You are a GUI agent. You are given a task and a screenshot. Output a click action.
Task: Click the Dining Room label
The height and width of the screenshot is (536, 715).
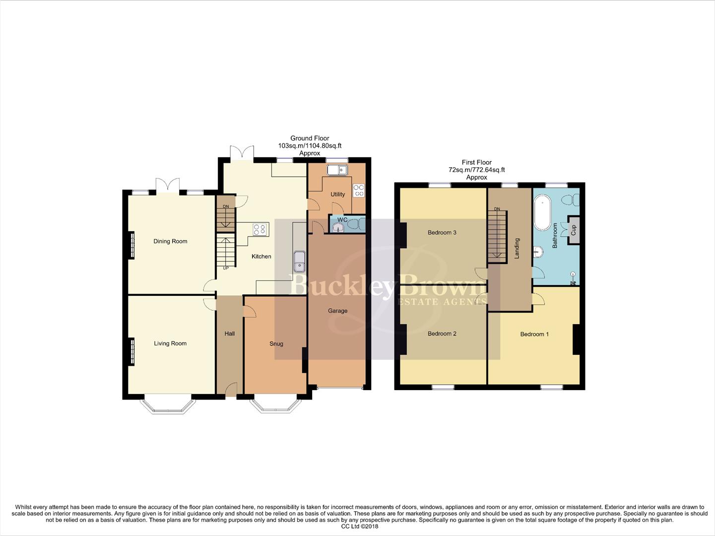[170, 241]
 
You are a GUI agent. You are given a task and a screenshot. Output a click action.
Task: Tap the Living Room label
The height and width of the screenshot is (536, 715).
[170, 343]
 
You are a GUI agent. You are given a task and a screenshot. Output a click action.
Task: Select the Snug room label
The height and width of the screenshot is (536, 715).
[276, 344]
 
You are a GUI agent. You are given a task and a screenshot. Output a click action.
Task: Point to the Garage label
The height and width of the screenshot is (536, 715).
[337, 311]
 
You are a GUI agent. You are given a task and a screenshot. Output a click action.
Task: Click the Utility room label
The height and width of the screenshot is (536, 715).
[337, 194]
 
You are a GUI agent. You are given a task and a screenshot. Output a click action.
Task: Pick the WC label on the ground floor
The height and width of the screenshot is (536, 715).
[342, 219]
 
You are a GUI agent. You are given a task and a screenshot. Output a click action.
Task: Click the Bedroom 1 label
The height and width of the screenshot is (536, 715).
[534, 334]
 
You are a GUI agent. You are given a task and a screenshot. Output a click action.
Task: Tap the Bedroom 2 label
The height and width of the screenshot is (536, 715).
[442, 334]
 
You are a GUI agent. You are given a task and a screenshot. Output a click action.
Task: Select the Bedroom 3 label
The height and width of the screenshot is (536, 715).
[442, 232]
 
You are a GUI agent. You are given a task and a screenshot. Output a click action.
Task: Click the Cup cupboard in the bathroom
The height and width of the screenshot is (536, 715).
[574, 230]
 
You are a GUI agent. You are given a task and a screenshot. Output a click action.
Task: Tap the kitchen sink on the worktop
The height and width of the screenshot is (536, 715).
[299, 262]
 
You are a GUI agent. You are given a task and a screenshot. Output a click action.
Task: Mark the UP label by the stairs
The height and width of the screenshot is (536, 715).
[226, 268]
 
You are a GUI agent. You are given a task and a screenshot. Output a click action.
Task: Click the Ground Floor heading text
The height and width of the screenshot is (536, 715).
[310, 138]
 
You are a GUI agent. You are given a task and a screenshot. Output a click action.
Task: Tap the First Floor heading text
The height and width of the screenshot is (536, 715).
[476, 162]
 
